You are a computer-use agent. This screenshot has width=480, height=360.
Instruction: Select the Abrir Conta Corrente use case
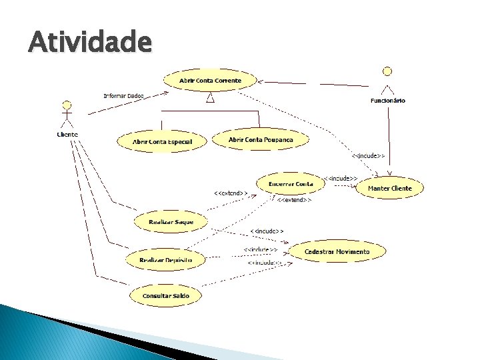[x=210, y=81]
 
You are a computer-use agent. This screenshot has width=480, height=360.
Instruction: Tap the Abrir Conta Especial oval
[x=162, y=141]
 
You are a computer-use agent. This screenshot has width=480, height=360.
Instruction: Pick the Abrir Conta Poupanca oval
[x=260, y=139]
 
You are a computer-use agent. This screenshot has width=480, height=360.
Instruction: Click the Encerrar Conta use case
[x=290, y=183]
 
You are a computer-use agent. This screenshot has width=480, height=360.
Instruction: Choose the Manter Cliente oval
[x=390, y=188]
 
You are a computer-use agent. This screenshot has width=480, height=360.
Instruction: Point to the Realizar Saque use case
[x=171, y=221]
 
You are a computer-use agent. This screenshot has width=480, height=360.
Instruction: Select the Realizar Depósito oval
[x=165, y=259]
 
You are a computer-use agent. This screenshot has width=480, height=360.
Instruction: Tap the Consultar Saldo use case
[x=166, y=295]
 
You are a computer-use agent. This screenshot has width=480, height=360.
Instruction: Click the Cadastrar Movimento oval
[x=337, y=251]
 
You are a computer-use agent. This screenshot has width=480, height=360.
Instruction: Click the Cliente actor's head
[x=66, y=105]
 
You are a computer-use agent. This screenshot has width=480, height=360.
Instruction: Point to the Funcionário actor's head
[x=385, y=70]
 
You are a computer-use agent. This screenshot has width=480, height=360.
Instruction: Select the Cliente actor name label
[x=67, y=134]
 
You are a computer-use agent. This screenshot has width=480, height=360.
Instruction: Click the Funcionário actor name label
[x=387, y=101]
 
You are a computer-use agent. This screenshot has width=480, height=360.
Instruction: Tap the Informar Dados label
[x=123, y=95]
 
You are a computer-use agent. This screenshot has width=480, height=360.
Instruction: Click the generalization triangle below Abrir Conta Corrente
[x=209, y=99]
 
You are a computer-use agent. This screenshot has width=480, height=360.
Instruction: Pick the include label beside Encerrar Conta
[x=341, y=179]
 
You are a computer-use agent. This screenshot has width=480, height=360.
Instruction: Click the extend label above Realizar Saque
[x=230, y=193]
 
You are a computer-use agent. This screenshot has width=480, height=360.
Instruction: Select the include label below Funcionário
[x=368, y=155]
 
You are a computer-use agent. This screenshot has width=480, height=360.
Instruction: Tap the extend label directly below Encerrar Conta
[x=293, y=199]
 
